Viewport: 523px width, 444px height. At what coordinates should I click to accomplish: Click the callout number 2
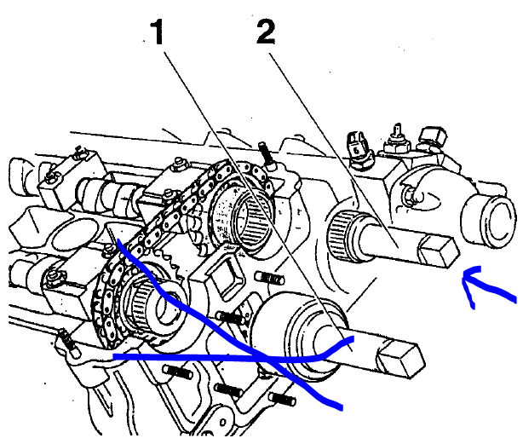266,32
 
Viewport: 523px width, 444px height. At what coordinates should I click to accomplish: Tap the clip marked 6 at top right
357,147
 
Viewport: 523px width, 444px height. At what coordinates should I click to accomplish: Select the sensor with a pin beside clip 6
397,141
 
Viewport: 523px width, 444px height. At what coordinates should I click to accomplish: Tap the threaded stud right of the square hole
269,277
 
